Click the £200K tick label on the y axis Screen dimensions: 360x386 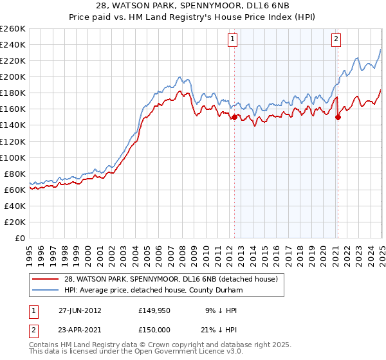coord(13,76)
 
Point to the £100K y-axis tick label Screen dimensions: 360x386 coord(13,157)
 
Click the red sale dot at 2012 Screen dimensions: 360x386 coord(234,117)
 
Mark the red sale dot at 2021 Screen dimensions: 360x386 coord(338,117)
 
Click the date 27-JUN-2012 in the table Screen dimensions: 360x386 coord(80,310)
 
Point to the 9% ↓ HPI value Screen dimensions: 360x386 coord(221,310)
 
